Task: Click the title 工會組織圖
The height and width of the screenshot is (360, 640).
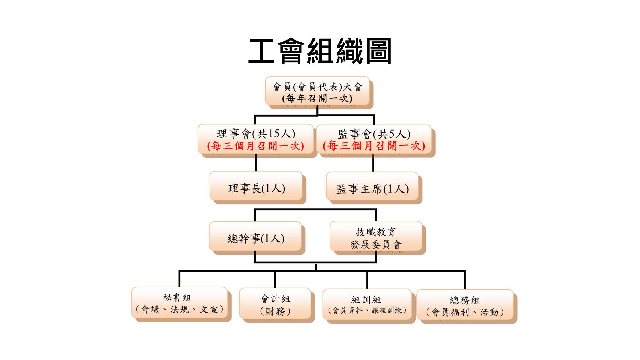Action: coord(320,51)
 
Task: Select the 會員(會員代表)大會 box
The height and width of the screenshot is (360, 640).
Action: coord(317,91)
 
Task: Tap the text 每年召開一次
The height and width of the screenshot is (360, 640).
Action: coord(317,98)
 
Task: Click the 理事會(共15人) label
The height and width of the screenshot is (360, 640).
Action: coord(256,134)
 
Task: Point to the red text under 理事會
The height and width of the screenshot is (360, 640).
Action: coord(256,146)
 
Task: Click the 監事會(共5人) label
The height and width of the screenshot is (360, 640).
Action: coord(374,134)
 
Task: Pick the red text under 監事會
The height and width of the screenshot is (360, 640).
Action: coord(374,146)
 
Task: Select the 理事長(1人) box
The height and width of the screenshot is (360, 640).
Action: coord(256,186)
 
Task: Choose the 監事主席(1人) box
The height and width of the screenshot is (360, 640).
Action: coord(372,186)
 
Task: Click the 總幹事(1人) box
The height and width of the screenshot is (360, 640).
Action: coord(255,236)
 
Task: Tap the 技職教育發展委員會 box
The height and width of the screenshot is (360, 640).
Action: coord(376,236)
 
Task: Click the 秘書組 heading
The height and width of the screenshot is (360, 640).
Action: coord(177,298)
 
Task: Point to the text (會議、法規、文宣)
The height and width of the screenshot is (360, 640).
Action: coord(179,310)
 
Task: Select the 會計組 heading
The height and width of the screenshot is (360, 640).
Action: coord(275,299)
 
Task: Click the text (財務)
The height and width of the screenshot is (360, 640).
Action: coord(275,311)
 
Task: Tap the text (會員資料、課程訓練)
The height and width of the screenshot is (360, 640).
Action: coord(367,310)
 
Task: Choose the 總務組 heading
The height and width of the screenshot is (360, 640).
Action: coord(465,300)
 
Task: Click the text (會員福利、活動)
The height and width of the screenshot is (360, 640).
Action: coord(465,312)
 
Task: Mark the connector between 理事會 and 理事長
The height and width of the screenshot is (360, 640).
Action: coord(256,162)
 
